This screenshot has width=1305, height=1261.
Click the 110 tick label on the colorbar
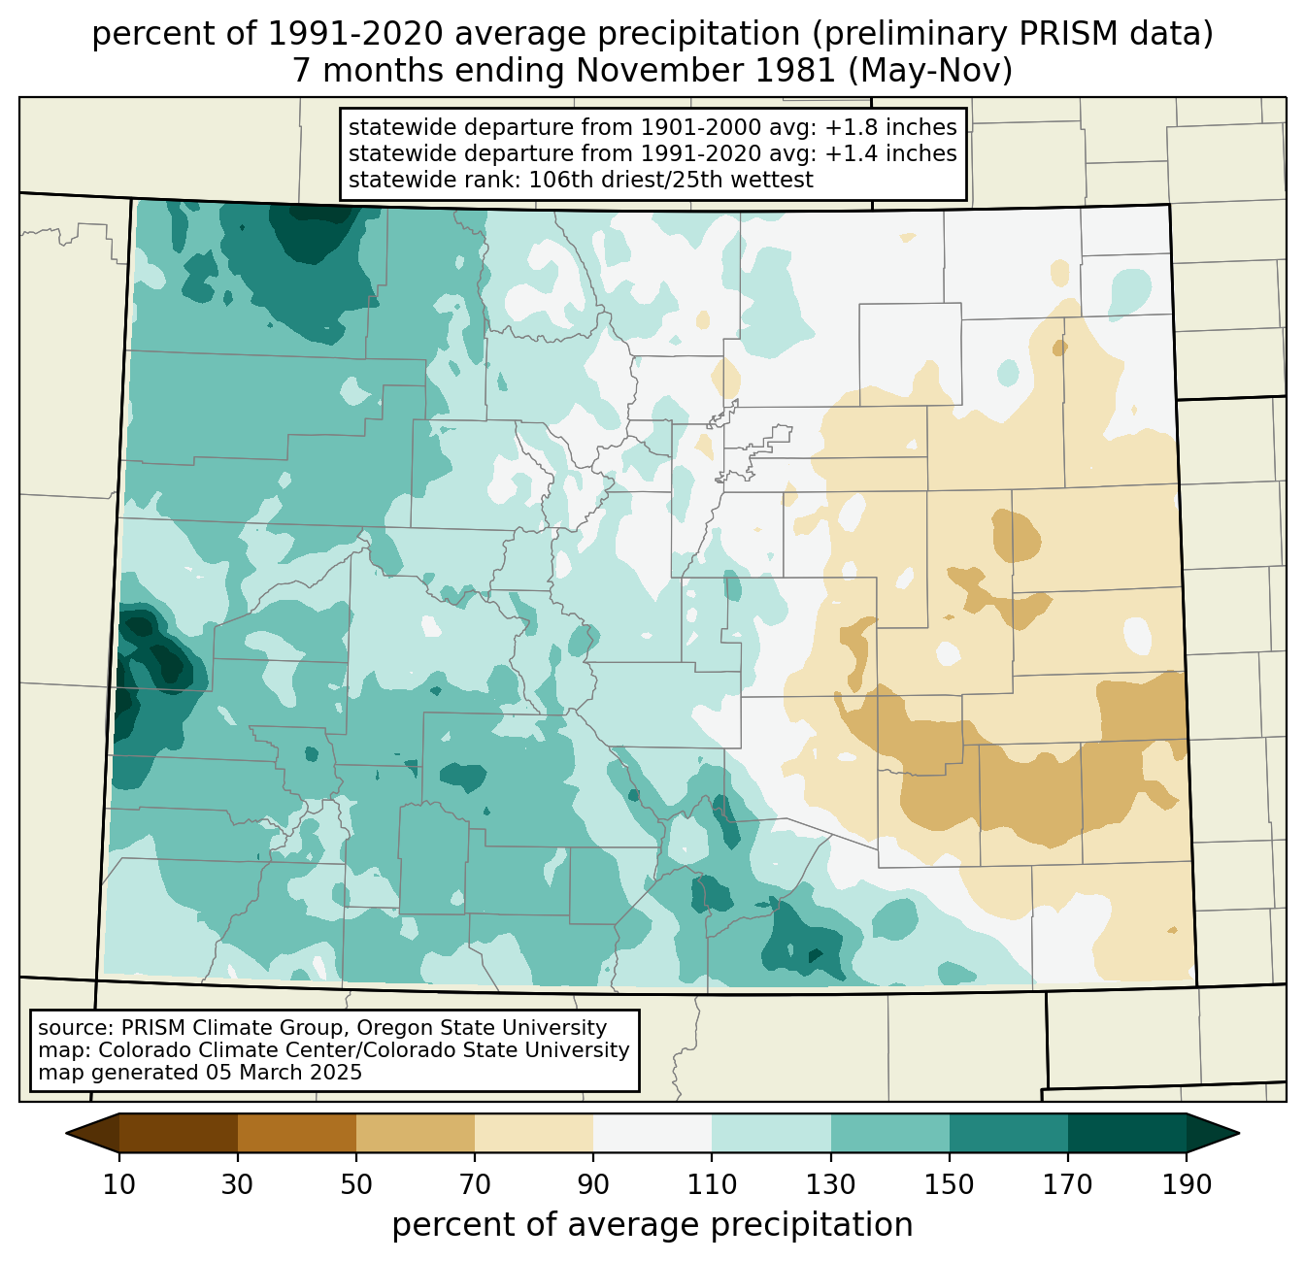tap(712, 1185)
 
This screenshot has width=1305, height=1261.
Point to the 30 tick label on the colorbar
tap(238, 1185)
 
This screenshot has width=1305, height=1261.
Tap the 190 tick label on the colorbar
tap(1187, 1185)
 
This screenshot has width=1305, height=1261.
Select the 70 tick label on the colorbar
tap(475, 1185)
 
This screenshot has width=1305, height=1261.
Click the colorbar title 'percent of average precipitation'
tap(652, 1225)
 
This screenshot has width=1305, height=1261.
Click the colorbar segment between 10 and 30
tap(179, 1133)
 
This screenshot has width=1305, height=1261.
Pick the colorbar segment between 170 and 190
tap(1127, 1133)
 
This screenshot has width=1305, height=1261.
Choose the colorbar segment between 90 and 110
tap(652, 1133)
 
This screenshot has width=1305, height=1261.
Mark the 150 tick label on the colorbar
tap(950, 1185)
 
